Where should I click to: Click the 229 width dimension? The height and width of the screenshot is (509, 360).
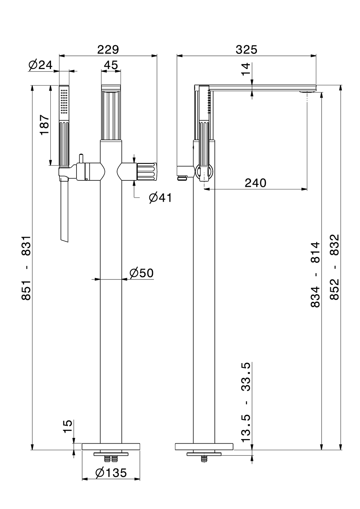click(x=108, y=50)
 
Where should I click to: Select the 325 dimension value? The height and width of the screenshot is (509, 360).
click(x=246, y=50)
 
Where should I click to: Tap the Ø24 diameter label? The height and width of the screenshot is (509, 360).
click(x=40, y=65)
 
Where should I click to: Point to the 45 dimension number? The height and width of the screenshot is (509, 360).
click(x=111, y=65)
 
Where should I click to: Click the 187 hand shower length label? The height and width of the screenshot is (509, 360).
click(x=44, y=125)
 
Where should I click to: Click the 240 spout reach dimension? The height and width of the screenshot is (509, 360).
click(x=256, y=183)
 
